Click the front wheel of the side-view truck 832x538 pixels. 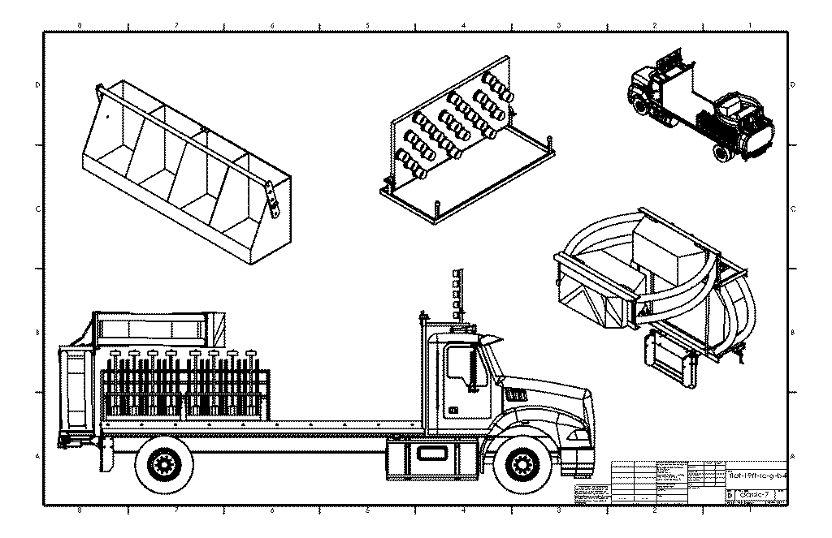click(x=520, y=464)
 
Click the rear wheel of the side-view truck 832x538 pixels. click(x=165, y=464)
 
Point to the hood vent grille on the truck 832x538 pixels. click(x=516, y=394)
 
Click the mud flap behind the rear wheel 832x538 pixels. click(x=104, y=454)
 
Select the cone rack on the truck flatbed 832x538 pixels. click(x=183, y=385)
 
